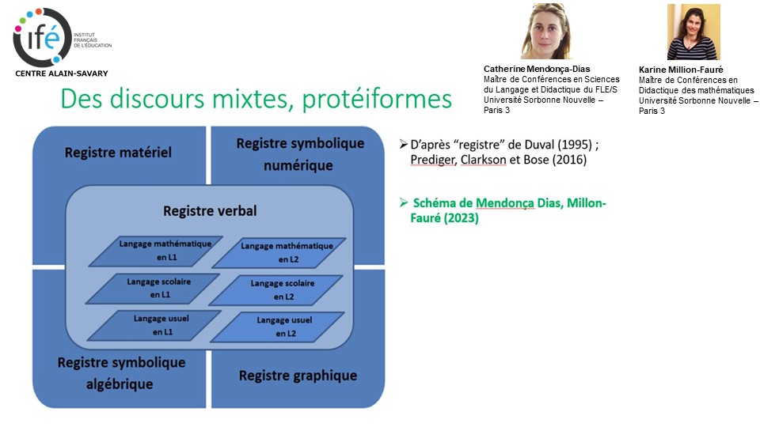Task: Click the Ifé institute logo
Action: tap(44, 36)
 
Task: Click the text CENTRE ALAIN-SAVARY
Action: tap(61, 74)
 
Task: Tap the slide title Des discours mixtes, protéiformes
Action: tap(256, 99)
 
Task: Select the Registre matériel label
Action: tap(118, 153)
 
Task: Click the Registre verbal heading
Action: tap(210, 211)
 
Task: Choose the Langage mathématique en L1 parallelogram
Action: tap(165, 251)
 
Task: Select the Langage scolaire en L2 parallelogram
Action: tap(283, 289)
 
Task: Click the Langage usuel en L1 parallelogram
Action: tap(154, 325)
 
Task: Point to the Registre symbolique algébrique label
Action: tap(121, 373)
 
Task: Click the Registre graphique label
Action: tap(298, 376)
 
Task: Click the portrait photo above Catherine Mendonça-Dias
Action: tap(545, 32)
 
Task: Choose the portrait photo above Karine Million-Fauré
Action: tap(693, 32)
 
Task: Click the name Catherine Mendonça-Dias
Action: tap(537, 69)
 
